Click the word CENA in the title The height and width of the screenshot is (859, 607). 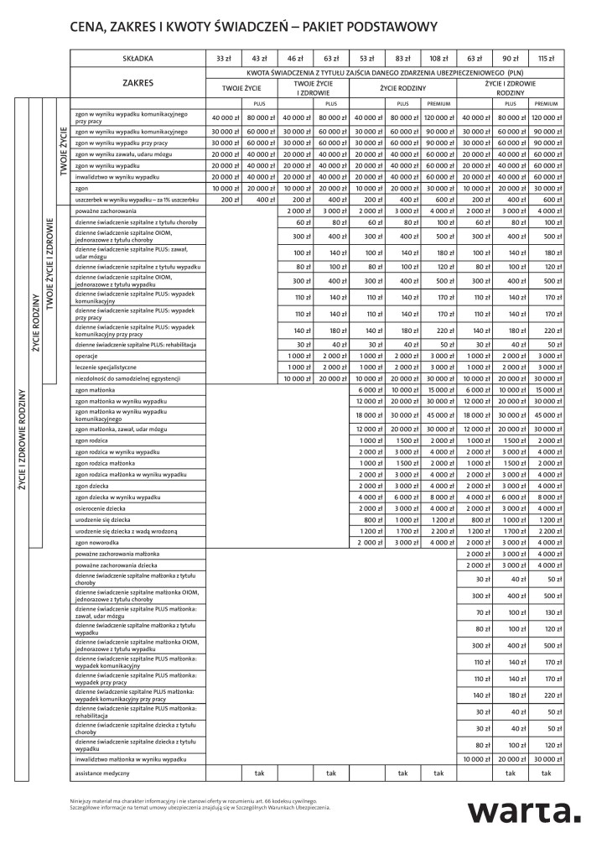(x=91, y=27)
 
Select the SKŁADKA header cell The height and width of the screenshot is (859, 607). (x=137, y=59)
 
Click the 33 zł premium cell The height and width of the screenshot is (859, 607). (x=224, y=59)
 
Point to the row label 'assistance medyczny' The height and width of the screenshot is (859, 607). (x=103, y=772)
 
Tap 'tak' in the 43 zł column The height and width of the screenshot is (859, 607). (x=259, y=772)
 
